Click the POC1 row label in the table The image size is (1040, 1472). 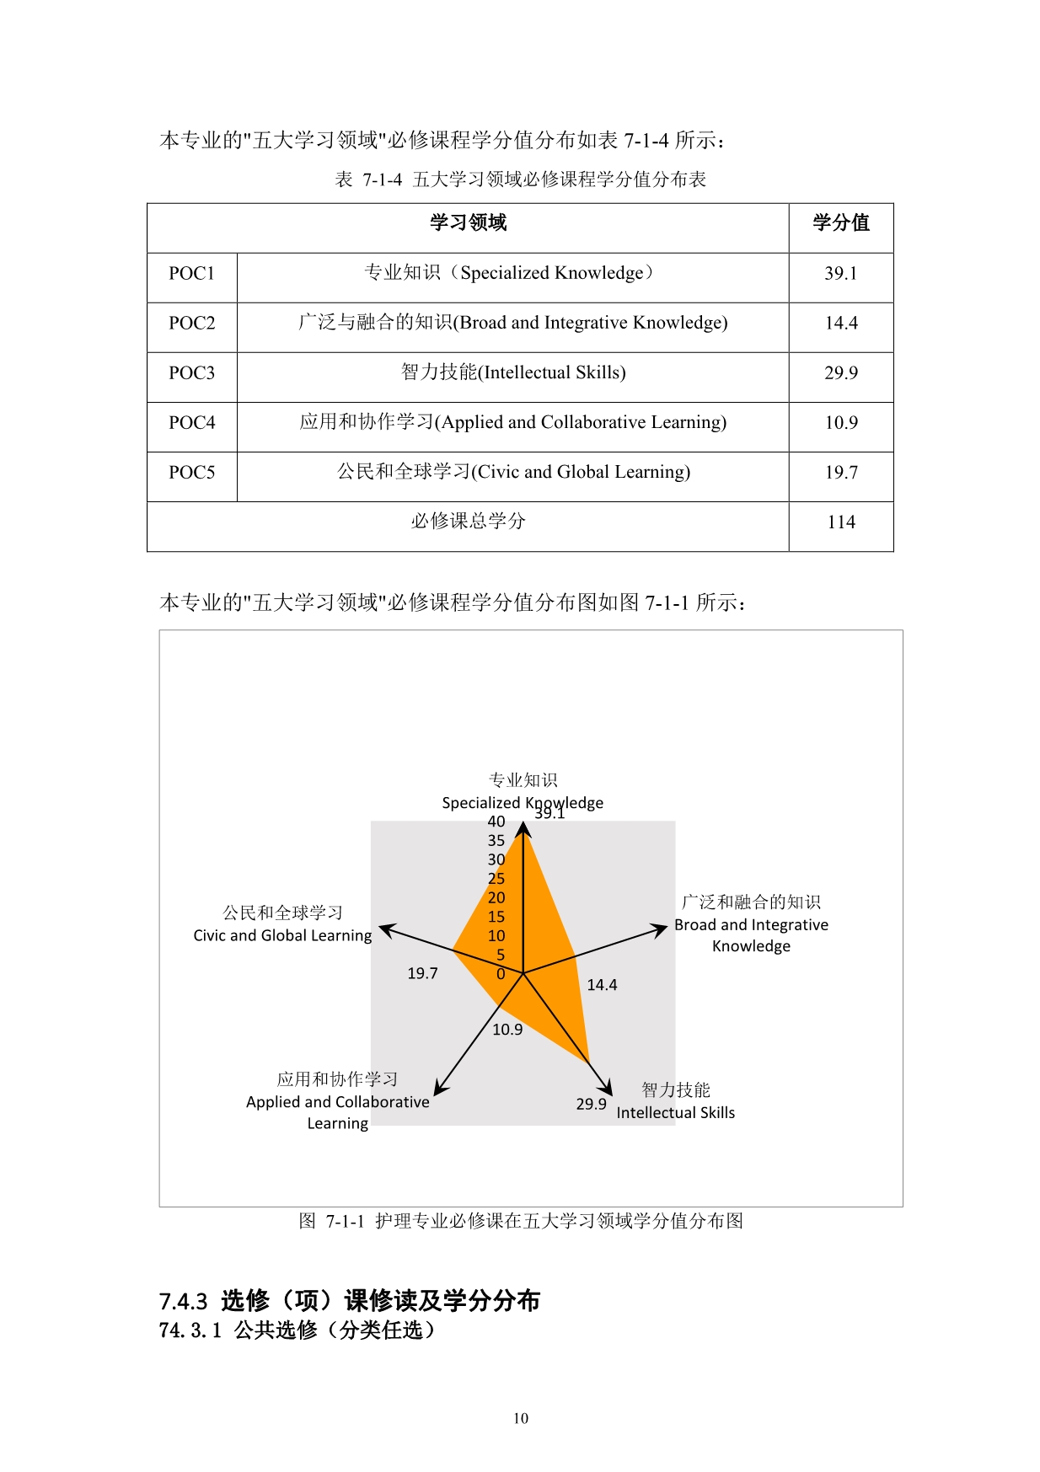pos(191,274)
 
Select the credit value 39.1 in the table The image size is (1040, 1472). pos(840,274)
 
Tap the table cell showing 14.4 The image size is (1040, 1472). pos(840,324)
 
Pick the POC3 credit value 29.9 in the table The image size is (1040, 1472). pos(840,373)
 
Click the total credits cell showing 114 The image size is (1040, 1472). pos(840,522)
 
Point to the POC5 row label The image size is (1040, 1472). pos(191,473)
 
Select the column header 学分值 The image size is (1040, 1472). pos(840,223)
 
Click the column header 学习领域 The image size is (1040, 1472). pos(468,223)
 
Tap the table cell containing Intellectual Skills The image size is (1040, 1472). pos(512,373)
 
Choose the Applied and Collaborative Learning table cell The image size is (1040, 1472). pos(512,423)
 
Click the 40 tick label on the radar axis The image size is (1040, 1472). pos(496,822)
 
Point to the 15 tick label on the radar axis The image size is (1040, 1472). pos(496,917)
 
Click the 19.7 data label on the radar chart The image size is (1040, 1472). pos(422,974)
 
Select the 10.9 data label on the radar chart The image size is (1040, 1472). pos(507,1030)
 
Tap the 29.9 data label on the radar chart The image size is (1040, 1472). pos(591,1104)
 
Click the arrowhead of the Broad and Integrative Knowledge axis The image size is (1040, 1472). pos(660,929)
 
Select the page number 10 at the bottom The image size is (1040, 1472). pos(521,1419)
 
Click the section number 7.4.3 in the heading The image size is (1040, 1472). pos(183,1302)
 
